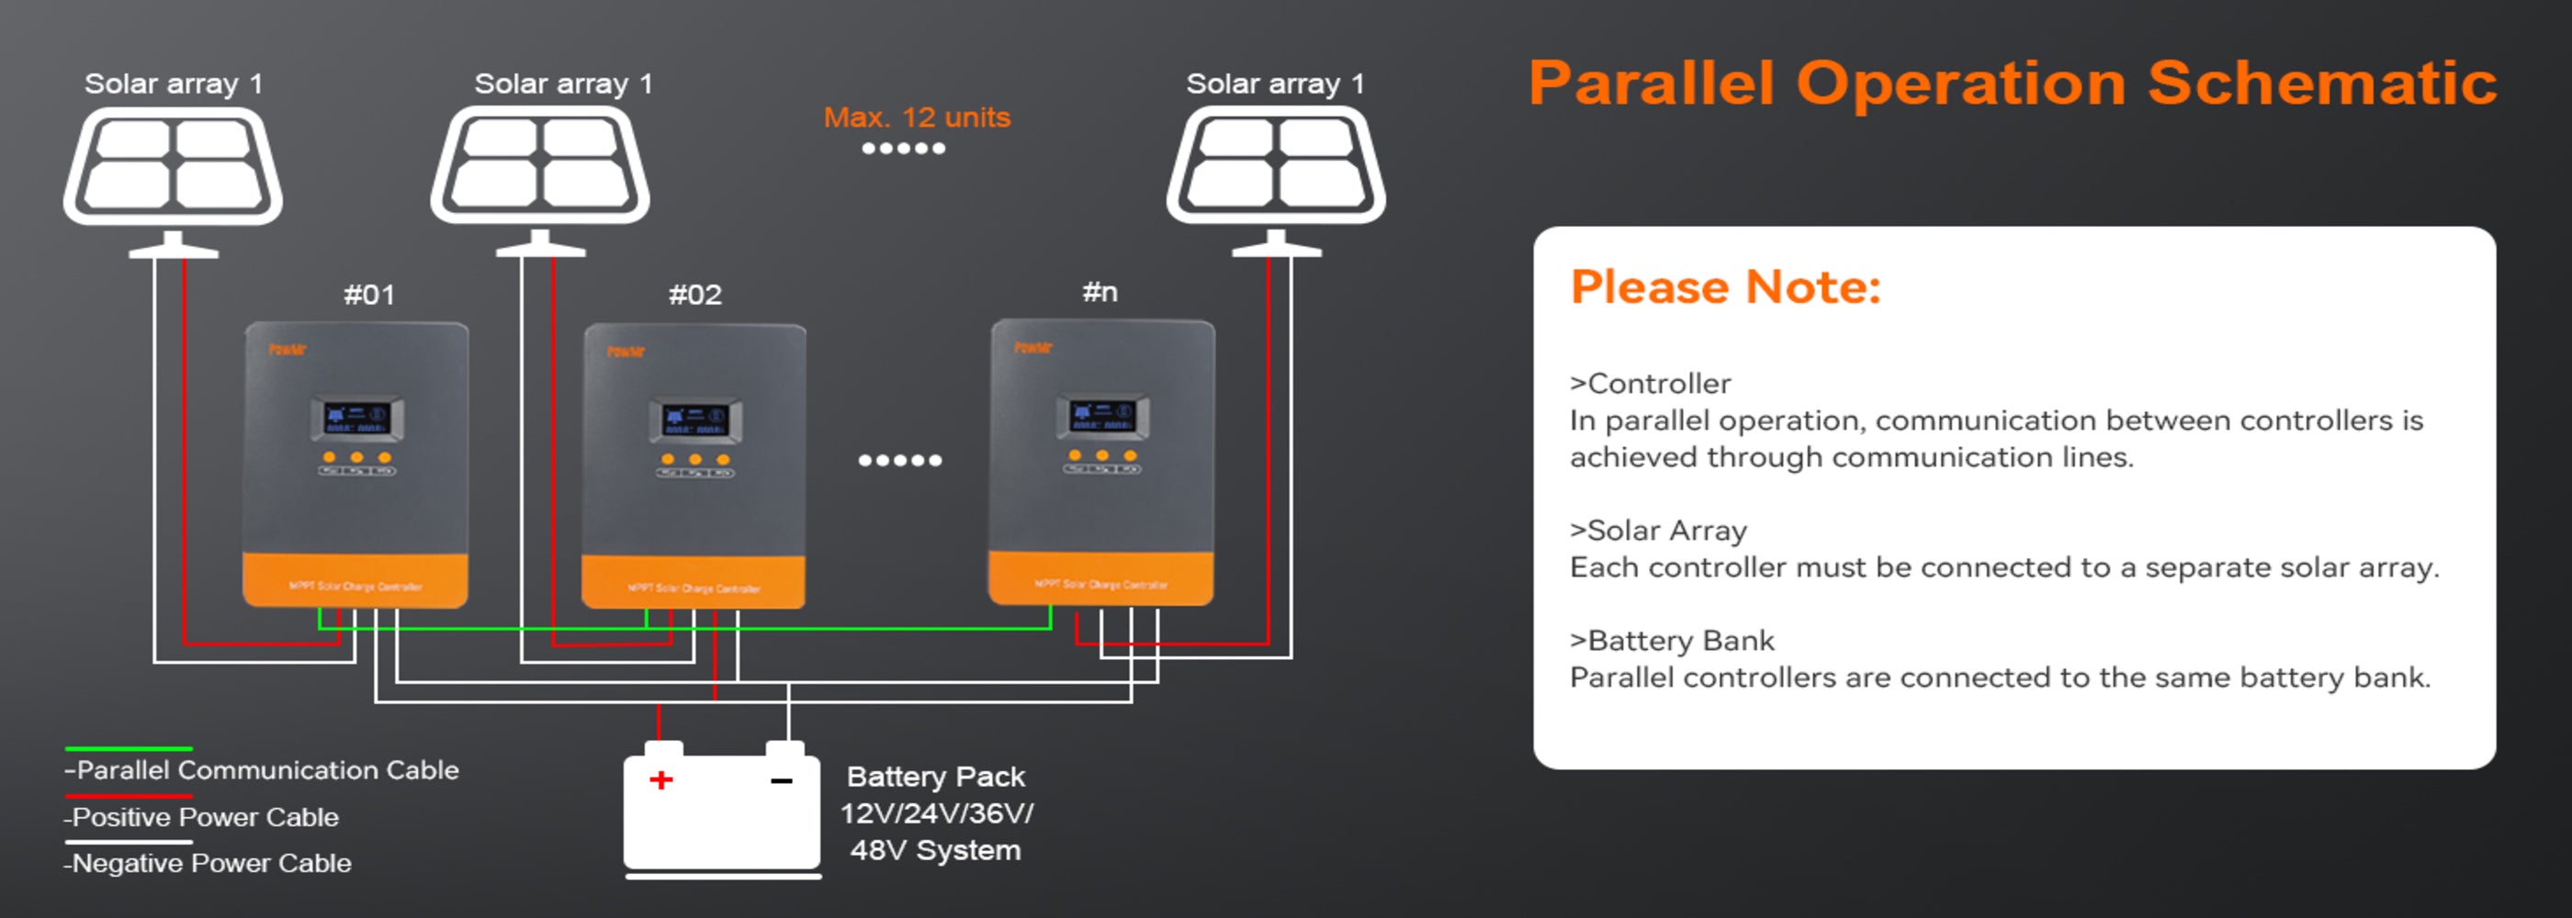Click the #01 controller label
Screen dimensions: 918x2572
369,296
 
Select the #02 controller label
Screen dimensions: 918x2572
695,296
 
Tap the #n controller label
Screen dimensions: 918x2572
1100,292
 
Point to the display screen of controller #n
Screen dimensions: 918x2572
1102,416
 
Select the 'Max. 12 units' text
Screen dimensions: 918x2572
917,118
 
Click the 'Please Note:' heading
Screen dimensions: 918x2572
1725,287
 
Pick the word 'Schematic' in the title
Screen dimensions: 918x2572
2322,83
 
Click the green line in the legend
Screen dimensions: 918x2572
129,748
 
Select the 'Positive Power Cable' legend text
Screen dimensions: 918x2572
206,817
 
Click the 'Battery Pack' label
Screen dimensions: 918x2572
935,778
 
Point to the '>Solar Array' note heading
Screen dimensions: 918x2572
1658,531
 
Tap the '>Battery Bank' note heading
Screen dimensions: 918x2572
1673,641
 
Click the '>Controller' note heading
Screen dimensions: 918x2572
1651,384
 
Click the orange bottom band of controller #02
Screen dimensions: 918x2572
694,583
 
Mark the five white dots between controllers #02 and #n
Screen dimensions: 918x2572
899,460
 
